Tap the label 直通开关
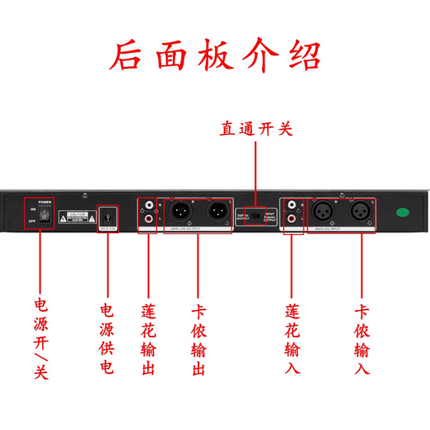[256, 129]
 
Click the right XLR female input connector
[360, 213]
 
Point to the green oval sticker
[403, 213]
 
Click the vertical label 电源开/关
[41, 339]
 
